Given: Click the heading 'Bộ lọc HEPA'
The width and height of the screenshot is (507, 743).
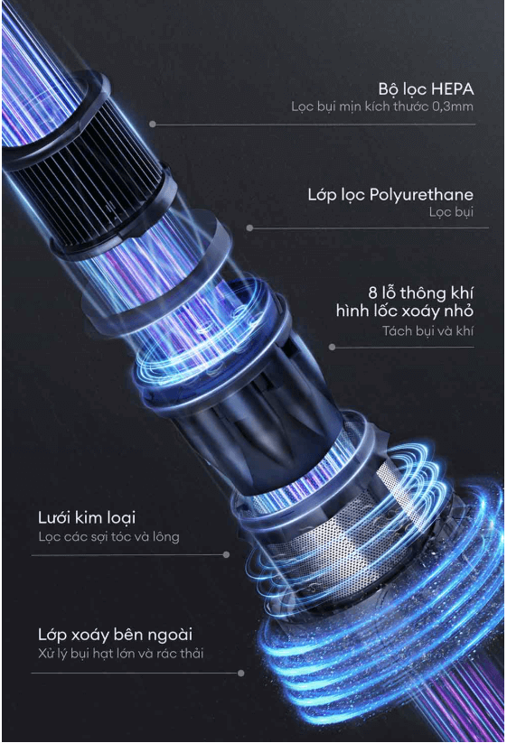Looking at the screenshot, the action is (x=426, y=89).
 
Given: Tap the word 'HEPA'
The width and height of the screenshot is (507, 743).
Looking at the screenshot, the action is (x=453, y=88).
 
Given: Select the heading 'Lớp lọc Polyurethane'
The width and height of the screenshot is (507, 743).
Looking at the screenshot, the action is (x=390, y=195).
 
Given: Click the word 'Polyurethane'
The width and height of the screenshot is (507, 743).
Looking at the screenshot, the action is (x=421, y=195).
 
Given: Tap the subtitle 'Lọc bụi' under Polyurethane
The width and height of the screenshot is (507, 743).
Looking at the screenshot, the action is (x=451, y=212).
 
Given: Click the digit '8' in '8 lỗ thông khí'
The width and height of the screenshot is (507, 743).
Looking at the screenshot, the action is (x=372, y=293).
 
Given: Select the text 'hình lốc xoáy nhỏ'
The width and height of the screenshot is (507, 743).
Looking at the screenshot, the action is (x=405, y=311).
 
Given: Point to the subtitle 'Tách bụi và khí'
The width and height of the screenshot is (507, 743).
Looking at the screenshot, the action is (x=427, y=330).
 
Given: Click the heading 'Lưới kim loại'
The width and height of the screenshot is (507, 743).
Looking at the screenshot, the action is (x=87, y=517).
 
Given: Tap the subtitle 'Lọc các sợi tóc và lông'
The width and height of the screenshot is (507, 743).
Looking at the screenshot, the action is (x=108, y=537).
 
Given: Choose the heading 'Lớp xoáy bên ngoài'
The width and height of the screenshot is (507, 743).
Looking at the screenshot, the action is (x=116, y=635).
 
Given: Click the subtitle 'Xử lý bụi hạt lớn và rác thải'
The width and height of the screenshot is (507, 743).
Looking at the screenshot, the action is (x=120, y=654).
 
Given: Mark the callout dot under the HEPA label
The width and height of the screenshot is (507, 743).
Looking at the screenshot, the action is (x=152, y=125).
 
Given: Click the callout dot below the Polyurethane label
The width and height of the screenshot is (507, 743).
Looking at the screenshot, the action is (x=250, y=228).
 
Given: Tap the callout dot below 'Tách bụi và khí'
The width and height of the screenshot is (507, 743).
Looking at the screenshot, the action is (x=332, y=348).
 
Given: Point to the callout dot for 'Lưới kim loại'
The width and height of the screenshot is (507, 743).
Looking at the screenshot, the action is (x=226, y=554).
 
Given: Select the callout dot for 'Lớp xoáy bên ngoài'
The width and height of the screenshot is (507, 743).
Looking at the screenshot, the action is (x=241, y=673).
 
